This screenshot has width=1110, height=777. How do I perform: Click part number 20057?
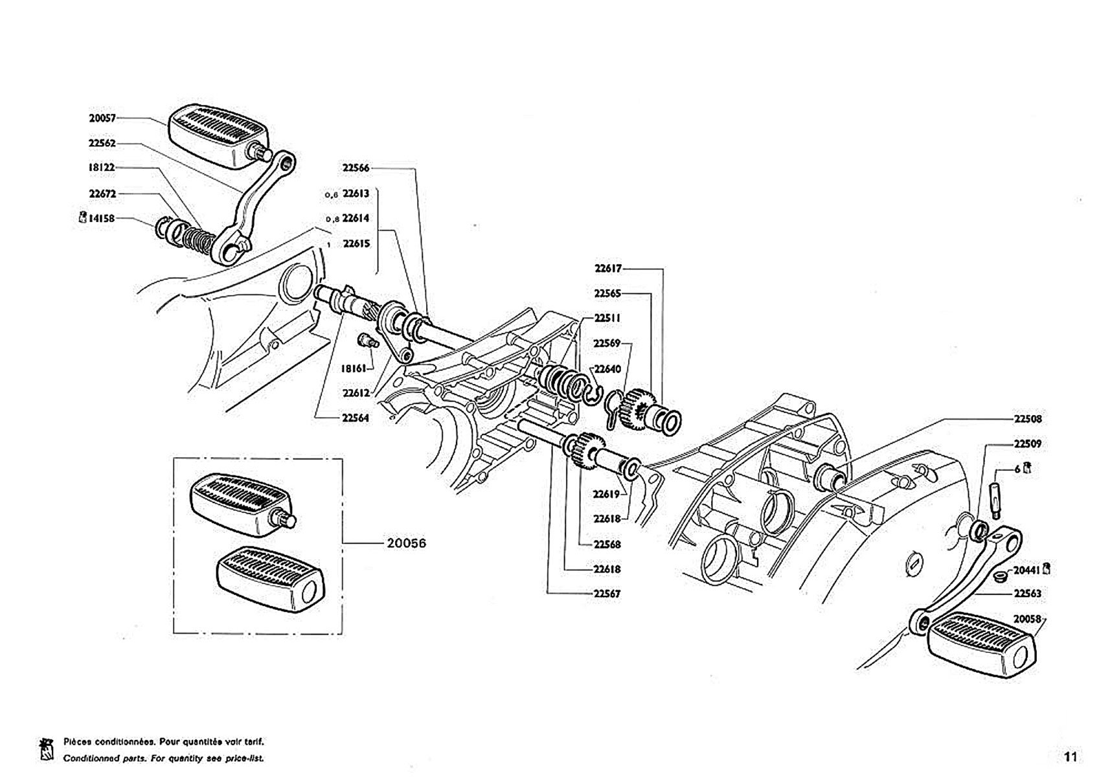[x=102, y=118]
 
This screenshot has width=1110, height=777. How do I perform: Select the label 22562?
[x=102, y=143]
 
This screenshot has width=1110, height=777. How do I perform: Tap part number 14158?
[x=101, y=219]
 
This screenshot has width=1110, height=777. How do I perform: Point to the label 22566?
[x=356, y=168]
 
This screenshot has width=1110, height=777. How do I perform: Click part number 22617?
[x=607, y=268]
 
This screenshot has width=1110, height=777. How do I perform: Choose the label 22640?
[x=607, y=369]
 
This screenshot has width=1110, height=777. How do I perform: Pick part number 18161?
[x=354, y=368]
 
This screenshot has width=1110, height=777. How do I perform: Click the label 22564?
[x=356, y=418]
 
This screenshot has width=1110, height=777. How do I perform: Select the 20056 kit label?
[x=407, y=543]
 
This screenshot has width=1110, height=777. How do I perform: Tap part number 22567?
[x=607, y=593]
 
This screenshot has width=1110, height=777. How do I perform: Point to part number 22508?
[x=1028, y=419]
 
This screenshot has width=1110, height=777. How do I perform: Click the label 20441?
[x=1026, y=570]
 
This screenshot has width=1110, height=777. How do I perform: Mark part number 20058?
[x=1027, y=619]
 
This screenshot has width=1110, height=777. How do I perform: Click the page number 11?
[x=1070, y=756]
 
